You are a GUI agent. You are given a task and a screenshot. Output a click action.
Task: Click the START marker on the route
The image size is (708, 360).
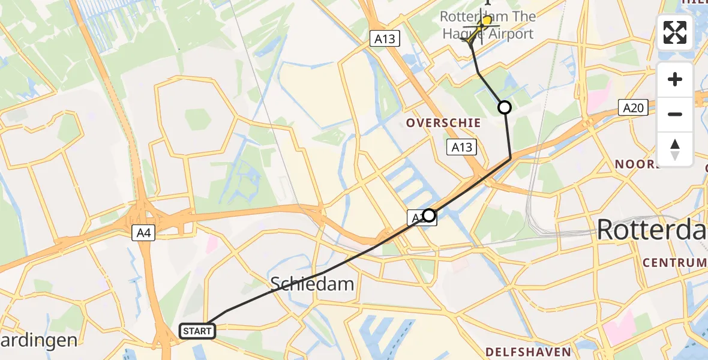point(197,331)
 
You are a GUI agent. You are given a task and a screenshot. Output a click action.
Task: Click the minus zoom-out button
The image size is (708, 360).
point(675,114)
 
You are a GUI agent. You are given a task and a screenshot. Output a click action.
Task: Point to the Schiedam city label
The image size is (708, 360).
point(312,283)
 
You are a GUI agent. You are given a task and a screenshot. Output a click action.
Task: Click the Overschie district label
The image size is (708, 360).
point(443,122)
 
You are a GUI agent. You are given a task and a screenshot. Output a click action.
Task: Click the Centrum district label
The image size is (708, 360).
point(675,262)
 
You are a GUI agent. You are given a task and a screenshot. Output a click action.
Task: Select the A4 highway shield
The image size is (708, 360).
point(143,233)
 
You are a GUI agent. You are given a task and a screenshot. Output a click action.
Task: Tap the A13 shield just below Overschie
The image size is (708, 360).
point(462,147)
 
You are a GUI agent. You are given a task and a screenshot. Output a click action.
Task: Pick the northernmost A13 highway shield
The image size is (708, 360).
point(385,38)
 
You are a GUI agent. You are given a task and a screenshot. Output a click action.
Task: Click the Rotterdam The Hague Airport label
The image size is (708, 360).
point(487,25)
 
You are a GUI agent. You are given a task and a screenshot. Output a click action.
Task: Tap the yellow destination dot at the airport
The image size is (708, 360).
point(487,21)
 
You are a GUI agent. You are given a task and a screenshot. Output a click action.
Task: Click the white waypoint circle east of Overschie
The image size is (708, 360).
point(505,107)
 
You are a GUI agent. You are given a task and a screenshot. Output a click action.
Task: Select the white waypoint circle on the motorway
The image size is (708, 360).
point(429,215)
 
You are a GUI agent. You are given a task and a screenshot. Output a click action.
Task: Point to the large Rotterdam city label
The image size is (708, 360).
point(651,229)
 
